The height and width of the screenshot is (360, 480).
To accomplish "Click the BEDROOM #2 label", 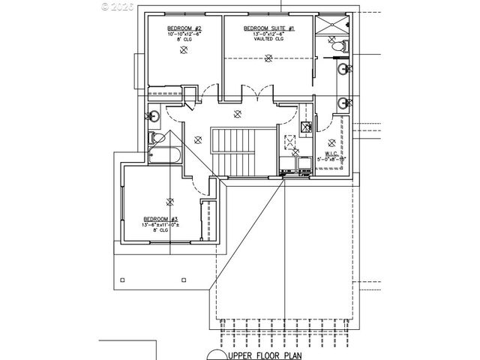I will click(x=184, y=28).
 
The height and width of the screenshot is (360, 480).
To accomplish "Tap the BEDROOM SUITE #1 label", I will click(x=269, y=28).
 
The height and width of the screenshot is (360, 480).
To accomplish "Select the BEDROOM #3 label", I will click(x=160, y=219).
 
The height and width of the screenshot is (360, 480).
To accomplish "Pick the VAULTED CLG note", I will click(x=269, y=40).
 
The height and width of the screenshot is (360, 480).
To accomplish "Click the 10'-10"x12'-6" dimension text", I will click(x=184, y=34).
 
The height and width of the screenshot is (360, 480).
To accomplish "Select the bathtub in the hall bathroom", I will click(x=163, y=157).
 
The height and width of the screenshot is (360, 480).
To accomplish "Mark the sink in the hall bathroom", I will click(x=153, y=116).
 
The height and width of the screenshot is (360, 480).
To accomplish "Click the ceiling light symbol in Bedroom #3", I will click(x=169, y=201).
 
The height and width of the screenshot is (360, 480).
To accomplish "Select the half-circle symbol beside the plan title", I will click(x=217, y=353).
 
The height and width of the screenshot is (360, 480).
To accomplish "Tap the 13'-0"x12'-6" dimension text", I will click(x=269, y=34).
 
